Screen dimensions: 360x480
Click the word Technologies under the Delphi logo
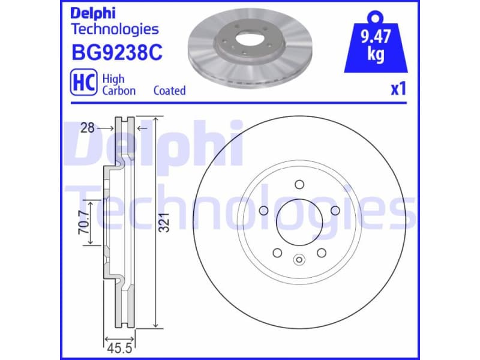115,29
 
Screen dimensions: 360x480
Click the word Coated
169,91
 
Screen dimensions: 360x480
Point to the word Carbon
119,91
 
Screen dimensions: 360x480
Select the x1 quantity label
398,89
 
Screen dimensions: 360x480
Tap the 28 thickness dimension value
89,128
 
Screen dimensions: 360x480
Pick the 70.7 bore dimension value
85,223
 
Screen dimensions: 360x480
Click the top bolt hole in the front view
298,185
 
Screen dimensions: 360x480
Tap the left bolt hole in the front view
262,211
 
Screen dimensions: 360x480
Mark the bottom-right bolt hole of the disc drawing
321,253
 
